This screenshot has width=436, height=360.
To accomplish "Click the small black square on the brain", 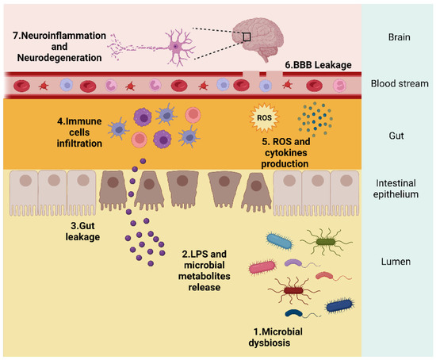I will tap(247, 36).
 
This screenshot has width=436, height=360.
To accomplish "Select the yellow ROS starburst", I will tap(262, 119).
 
